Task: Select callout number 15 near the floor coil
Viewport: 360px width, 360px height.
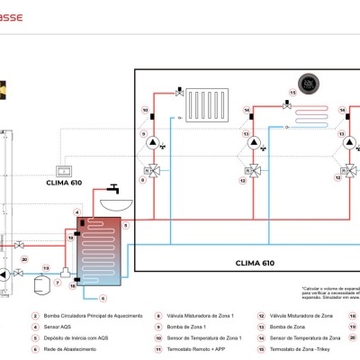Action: tap(292, 92)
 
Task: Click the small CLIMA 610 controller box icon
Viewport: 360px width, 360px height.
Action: tap(64, 169)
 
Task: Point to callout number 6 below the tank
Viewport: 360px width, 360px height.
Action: tap(103, 298)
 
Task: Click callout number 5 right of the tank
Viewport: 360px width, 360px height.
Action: tap(126, 225)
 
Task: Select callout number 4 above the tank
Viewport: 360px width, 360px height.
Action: tap(78, 212)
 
